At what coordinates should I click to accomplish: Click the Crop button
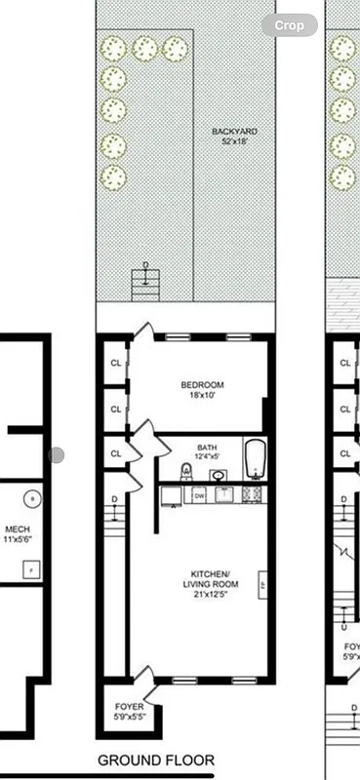(x=289, y=25)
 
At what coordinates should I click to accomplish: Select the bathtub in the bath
(x=255, y=460)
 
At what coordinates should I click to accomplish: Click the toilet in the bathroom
(x=188, y=471)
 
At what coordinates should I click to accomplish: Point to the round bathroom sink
(x=219, y=476)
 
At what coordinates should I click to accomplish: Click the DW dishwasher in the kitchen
(x=199, y=495)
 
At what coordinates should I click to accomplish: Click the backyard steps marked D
(x=144, y=283)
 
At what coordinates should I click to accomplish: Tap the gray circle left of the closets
(x=58, y=454)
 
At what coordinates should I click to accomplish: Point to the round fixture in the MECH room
(x=34, y=498)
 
